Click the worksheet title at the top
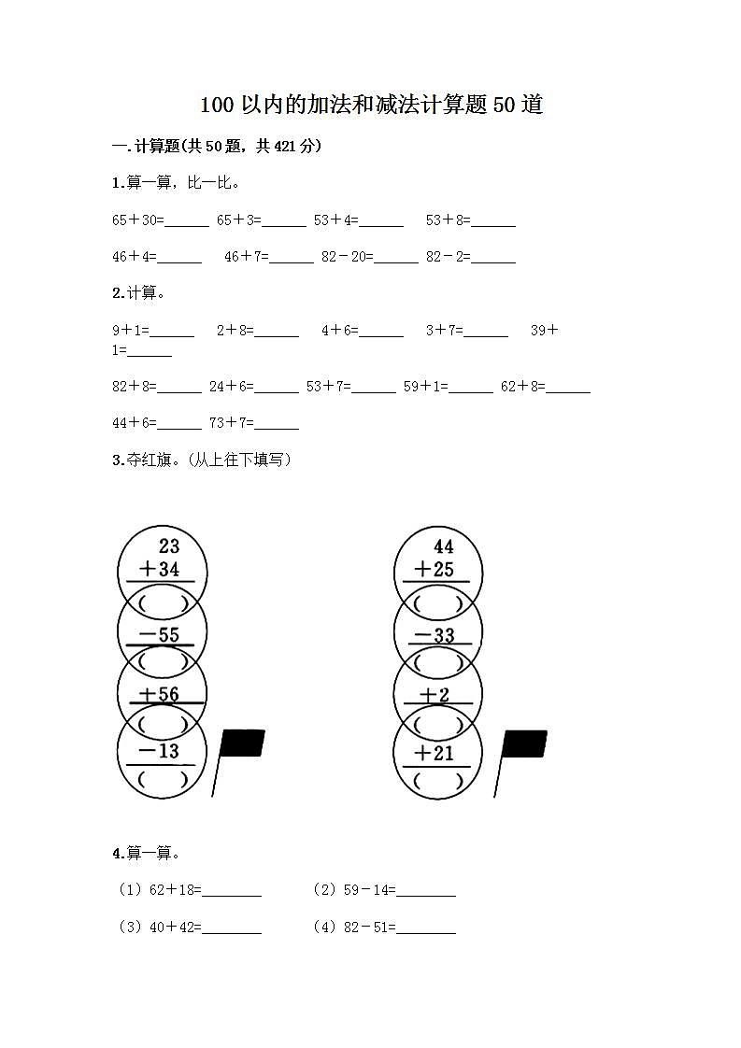pos(371,105)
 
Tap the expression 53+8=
pos(448,220)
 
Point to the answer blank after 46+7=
pos(292,259)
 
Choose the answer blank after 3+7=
pos(486,332)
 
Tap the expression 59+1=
pos(425,386)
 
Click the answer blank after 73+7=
pos(277,425)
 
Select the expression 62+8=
pos(522,386)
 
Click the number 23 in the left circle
pos(168,546)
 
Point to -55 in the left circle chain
pos(158,635)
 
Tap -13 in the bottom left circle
pos(158,751)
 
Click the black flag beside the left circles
pos(242,744)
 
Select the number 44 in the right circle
pos(443,546)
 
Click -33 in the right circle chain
pos(434,635)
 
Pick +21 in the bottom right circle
pos(434,753)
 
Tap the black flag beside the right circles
pos(523,744)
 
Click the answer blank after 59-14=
pos(426,892)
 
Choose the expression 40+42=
pos(175,928)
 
